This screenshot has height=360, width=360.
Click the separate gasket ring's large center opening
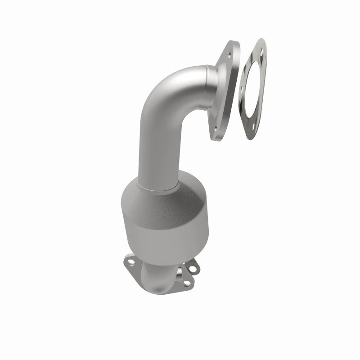[x=252, y=90]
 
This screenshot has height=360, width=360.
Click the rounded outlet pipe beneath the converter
[x=155, y=281]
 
